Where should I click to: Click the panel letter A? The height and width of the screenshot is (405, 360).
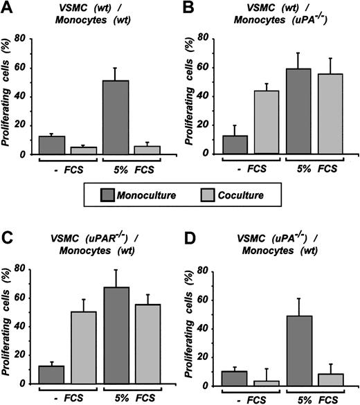[x=9, y=10]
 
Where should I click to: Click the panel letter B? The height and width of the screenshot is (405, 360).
[x=188, y=10]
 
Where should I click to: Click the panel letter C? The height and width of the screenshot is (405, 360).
[x=9, y=240]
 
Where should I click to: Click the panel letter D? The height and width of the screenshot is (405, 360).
[x=188, y=240]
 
